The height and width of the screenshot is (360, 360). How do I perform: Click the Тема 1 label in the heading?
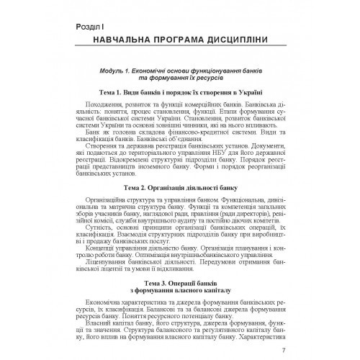[115, 92]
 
